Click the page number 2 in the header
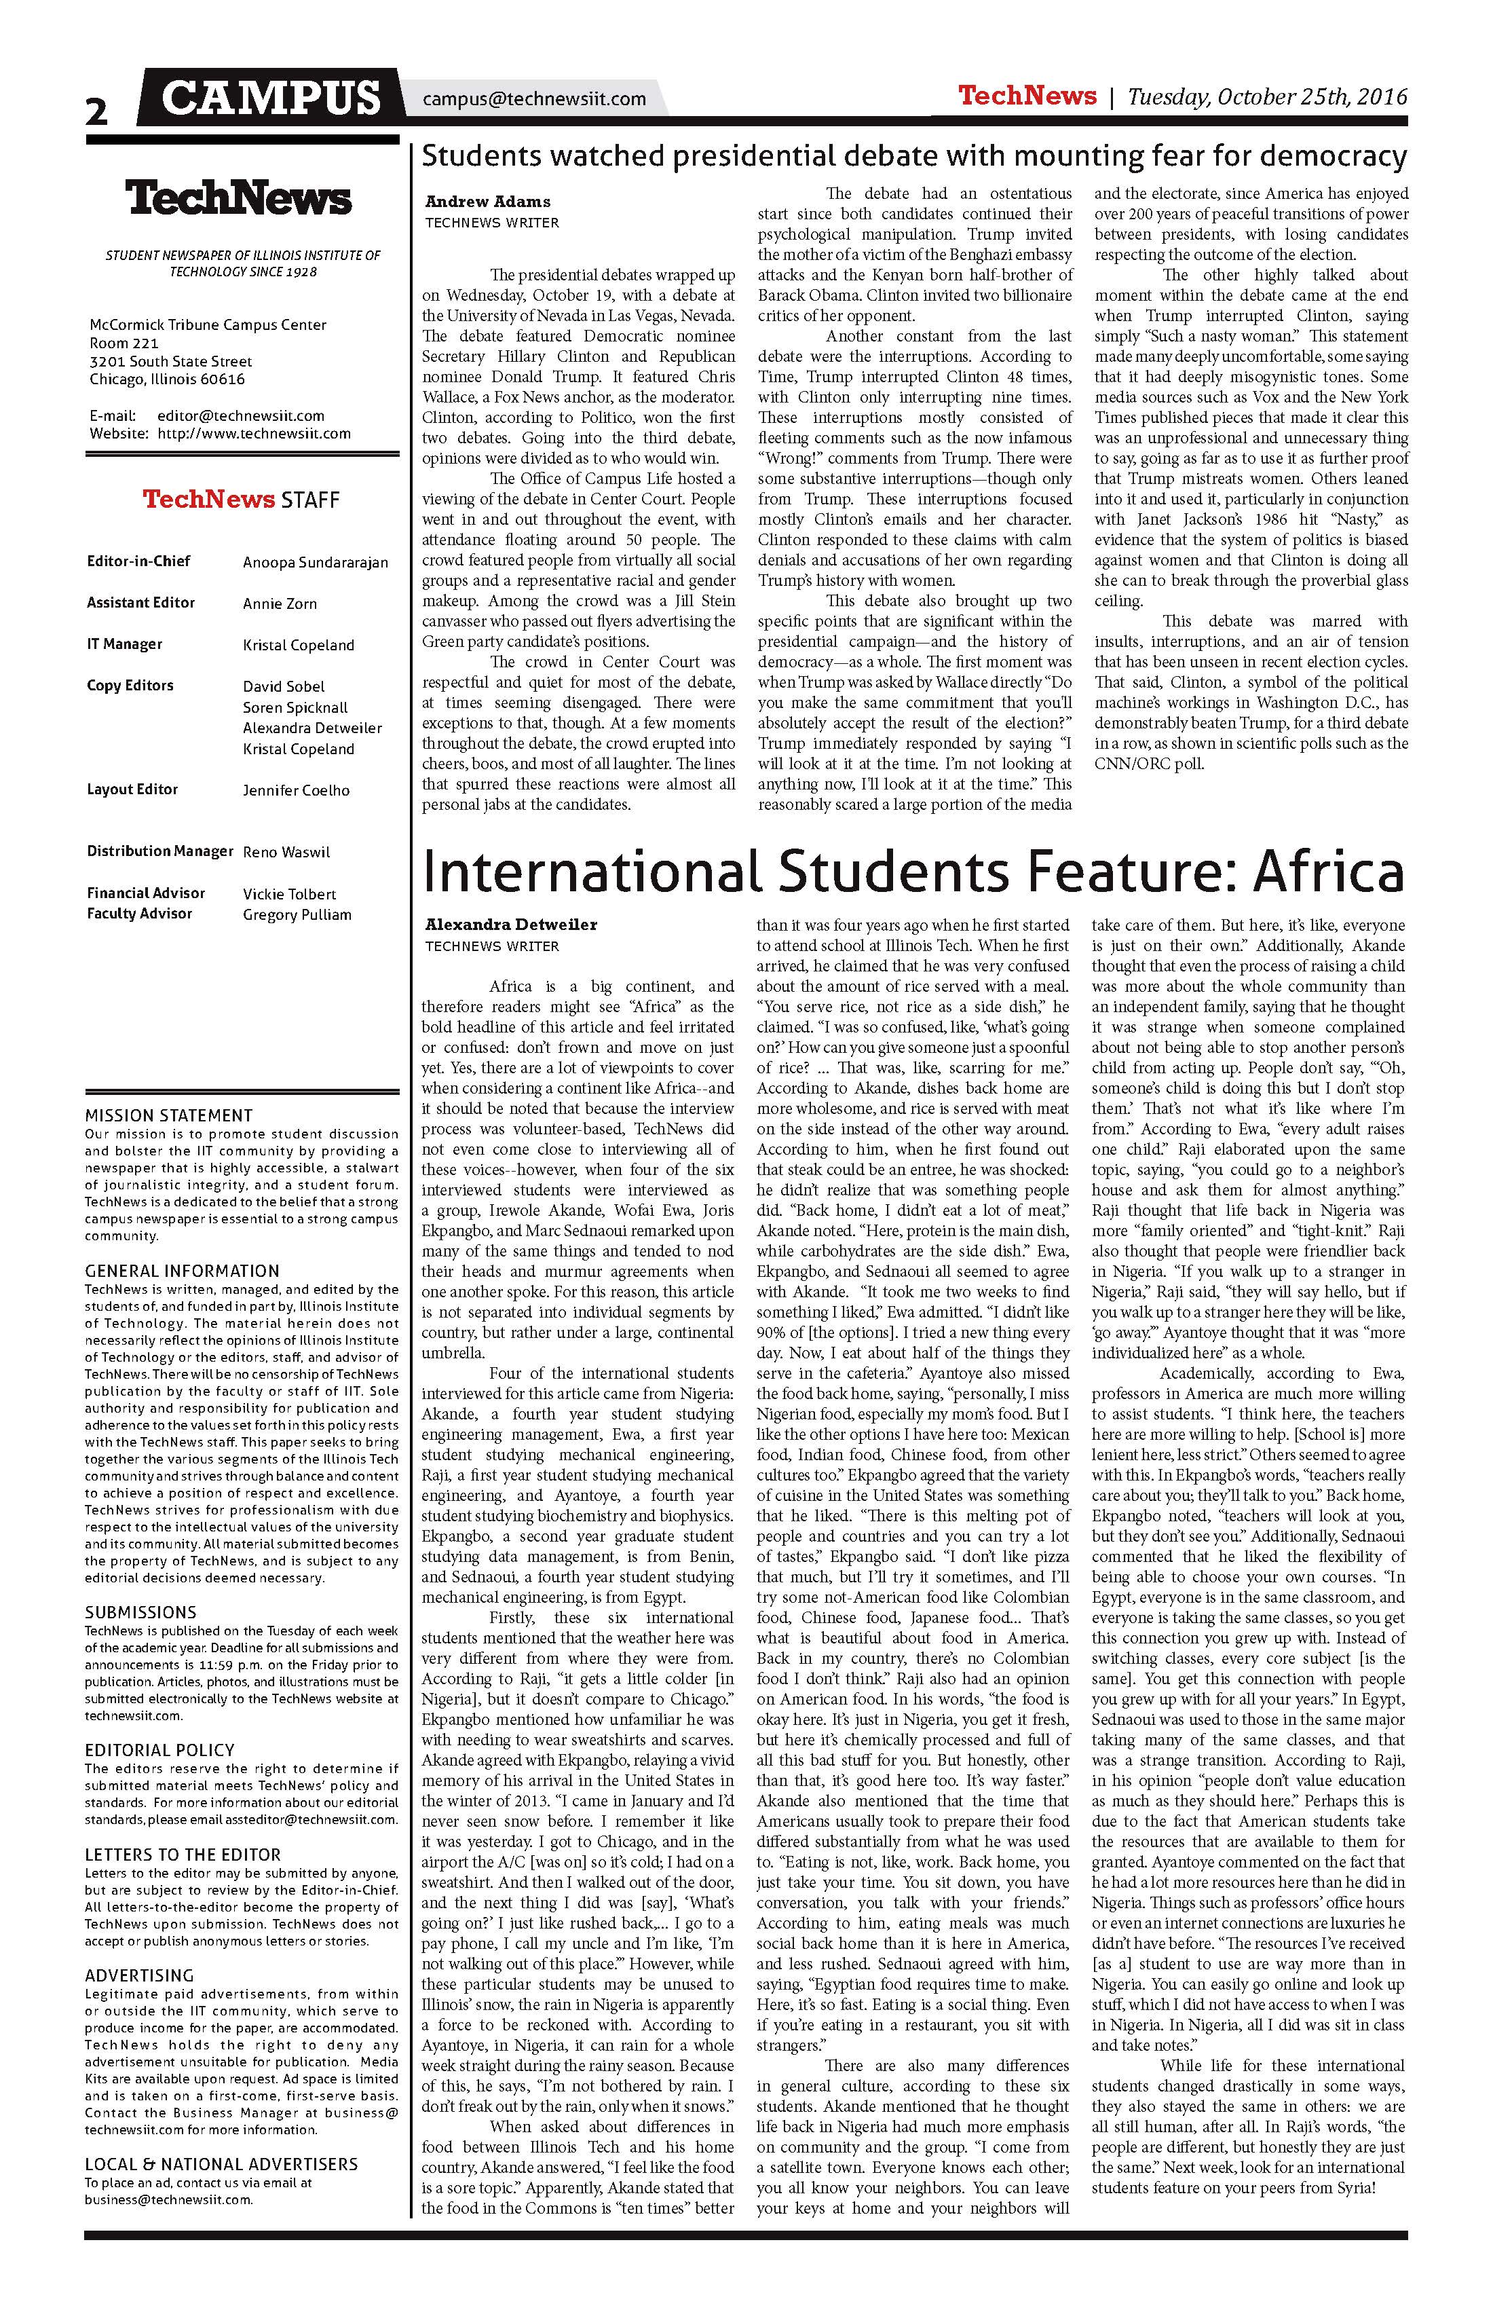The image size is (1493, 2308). [97, 111]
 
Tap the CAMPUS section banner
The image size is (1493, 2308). [271, 98]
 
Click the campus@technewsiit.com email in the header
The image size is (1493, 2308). [534, 99]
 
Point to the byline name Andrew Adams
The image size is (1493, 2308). [488, 202]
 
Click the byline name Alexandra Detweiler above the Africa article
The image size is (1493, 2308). [511, 924]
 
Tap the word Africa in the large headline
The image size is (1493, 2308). [1327, 871]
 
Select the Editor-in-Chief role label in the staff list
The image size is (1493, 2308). [138, 561]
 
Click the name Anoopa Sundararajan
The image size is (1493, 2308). [315, 563]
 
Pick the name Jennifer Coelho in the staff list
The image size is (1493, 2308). [296, 790]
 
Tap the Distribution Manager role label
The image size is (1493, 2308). [160, 851]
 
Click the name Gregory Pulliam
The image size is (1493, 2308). [297, 914]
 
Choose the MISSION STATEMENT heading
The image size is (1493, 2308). [169, 1115]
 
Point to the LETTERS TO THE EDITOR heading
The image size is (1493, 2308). [183, 1854]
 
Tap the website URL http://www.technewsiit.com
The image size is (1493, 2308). [254, 434]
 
